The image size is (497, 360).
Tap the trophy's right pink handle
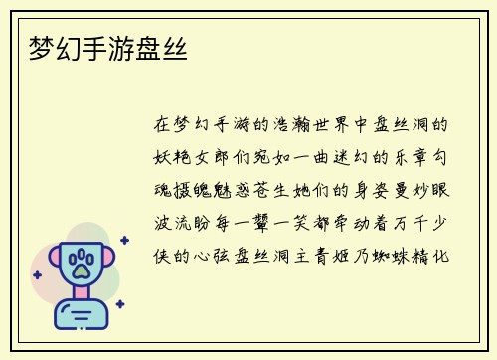tap(108, 262)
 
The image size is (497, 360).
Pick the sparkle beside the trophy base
tap(119, 303)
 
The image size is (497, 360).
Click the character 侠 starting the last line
tap(164, 256)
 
